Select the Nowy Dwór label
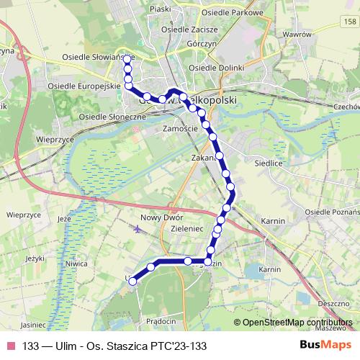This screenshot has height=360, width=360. pos(162,217)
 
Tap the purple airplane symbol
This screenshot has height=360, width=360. pos(138,229)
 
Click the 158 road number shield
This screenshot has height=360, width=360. pos(350,23)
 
